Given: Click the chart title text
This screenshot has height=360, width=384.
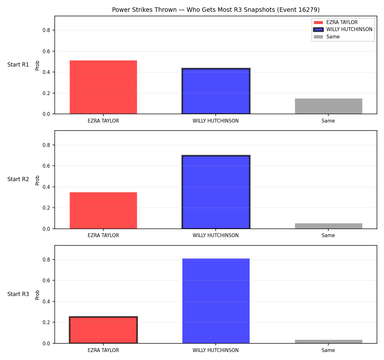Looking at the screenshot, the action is (216, 10).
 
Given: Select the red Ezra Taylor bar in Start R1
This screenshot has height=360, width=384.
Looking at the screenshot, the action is (103, 87).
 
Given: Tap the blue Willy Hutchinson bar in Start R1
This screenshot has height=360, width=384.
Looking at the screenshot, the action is (216, 91).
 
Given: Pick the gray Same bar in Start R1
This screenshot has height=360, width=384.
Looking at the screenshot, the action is (328, 106).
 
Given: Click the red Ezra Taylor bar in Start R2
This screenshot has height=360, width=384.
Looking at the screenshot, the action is (103, 210).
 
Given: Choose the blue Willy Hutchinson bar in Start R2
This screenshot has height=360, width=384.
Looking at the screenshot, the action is (216, 192).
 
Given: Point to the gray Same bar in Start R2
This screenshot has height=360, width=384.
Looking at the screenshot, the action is (328, 226).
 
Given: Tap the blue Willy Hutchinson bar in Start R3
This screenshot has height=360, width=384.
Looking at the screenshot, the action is (216, 301).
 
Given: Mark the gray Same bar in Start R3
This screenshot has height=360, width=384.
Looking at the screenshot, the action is (328, 341).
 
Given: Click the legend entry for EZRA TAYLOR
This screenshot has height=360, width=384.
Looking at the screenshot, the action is (335, 22).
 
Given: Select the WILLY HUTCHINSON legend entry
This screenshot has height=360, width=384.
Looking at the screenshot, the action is (343, 29).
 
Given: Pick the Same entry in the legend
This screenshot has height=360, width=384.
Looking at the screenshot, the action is (327, 36).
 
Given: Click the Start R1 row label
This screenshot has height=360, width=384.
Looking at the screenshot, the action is (18, 65).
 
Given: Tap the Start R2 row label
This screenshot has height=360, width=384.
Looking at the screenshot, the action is (18, 179).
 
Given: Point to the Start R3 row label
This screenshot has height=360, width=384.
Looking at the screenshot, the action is (18, 294).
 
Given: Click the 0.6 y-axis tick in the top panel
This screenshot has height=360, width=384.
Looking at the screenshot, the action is (46, 51).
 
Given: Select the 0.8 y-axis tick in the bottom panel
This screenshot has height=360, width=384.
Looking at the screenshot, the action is (46, 260).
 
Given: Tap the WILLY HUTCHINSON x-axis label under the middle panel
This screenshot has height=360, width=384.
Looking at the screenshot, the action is (216, 236).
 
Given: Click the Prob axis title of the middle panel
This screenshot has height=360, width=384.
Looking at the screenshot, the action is (37, 180).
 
